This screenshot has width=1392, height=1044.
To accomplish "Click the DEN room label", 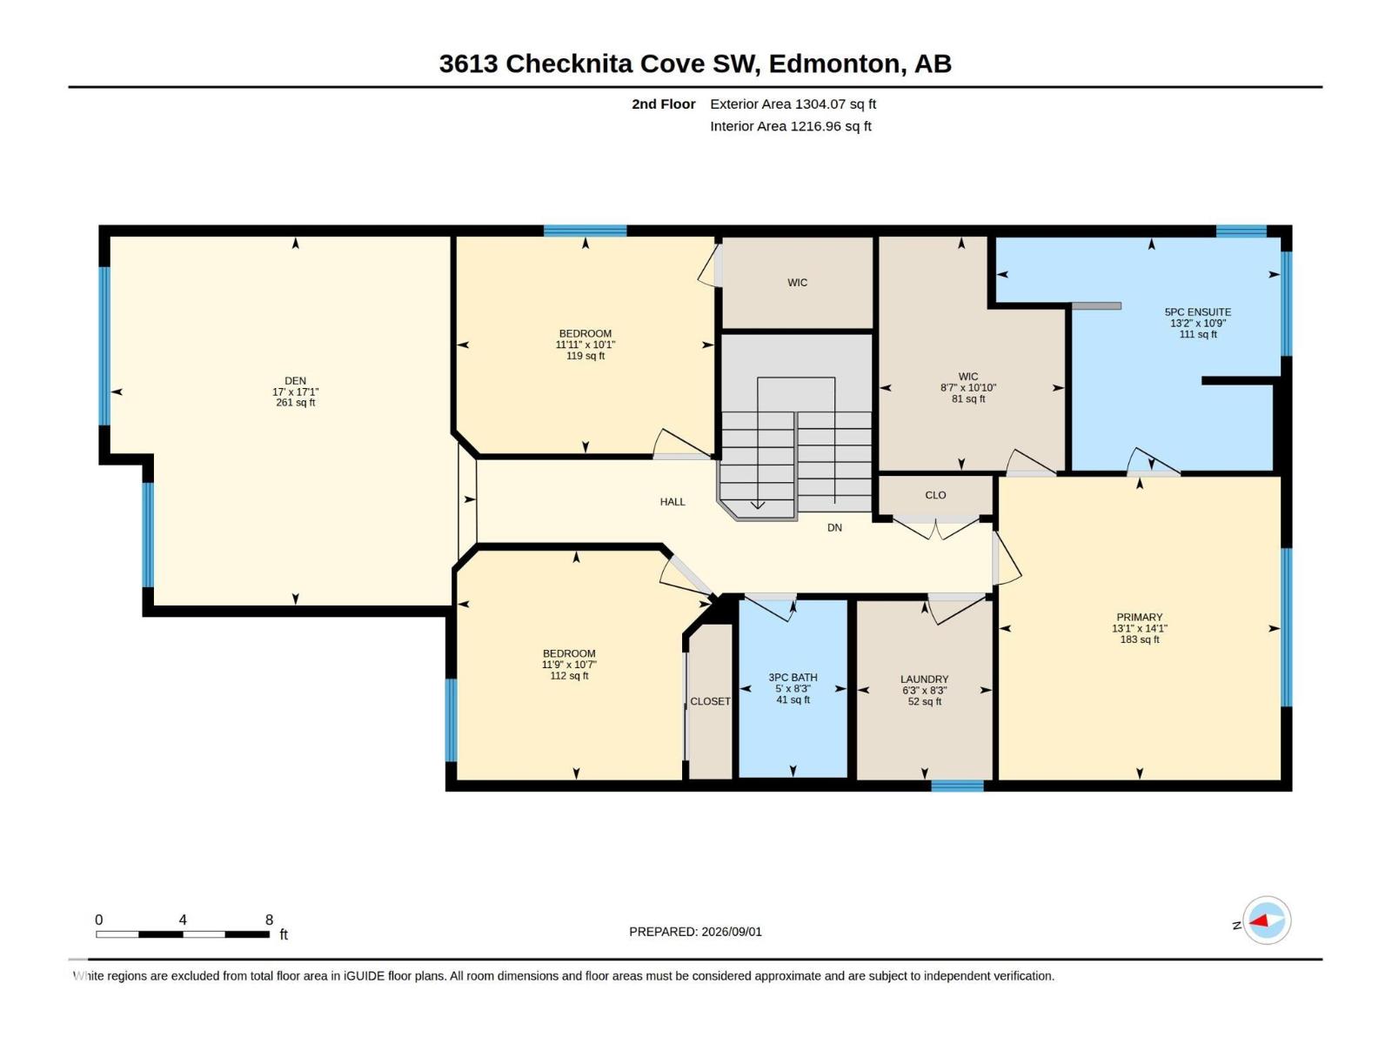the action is click(295, 381).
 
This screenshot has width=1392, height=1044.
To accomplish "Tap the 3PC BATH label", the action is click(793, 678).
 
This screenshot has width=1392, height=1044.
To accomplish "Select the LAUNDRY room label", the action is click(924, 679).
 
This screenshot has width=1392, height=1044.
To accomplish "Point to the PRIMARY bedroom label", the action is click(1139, 618).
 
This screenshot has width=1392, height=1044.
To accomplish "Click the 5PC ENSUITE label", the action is click(1197, 311).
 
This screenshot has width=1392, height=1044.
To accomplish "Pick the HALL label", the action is click(673, 502).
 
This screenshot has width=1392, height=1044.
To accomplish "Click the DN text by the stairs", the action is click(834, 527).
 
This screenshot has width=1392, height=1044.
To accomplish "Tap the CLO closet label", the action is click(935, 495).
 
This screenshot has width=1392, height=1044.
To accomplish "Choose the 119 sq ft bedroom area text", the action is click(586, 356).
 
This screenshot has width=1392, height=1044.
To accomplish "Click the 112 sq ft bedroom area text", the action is click(569, 676).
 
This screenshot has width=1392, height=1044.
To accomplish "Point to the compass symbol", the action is click(1267, 920).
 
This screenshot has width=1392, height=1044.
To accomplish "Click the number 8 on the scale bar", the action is click(269, 920).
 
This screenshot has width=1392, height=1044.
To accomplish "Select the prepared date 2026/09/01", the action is click(731, 932).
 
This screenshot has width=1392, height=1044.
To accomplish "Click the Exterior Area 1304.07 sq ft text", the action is click(793, 104).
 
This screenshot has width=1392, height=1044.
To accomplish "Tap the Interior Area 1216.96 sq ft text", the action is click(790, 126).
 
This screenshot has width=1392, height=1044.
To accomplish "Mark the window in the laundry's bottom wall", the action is click(957, 786).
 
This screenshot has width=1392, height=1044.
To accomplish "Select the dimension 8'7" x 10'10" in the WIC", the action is click(967, 387).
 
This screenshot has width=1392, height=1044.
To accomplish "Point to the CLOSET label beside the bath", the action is click(710, 701).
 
